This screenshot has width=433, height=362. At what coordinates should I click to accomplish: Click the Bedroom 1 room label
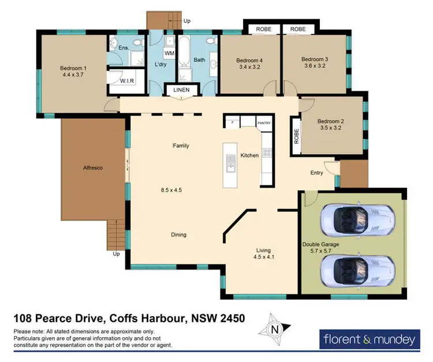[71, 68]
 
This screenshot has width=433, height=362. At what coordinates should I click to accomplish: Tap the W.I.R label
[127, 81]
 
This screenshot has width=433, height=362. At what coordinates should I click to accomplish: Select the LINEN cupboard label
[183, 91]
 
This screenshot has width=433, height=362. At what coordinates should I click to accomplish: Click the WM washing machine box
[169, 54]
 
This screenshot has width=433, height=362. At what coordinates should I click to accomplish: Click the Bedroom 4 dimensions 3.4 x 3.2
[249, 67]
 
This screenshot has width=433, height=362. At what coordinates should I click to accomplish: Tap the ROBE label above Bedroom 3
[298, 29]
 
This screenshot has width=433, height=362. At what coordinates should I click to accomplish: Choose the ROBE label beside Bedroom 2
[297, 137]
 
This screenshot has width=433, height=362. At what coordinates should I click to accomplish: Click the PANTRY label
[264, 123]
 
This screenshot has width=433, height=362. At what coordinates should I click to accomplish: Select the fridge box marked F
[232, 122]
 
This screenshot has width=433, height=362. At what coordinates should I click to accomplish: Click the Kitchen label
[249, 155]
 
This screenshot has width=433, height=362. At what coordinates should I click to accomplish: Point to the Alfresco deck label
[92, 167]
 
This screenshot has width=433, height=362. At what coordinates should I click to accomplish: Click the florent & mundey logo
[368, 339]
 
